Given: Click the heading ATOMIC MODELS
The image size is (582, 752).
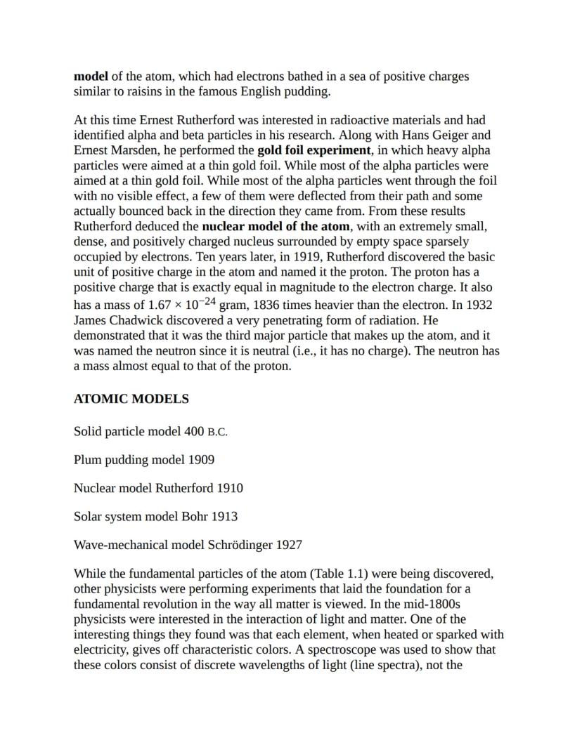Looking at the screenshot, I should (x=131, y=399).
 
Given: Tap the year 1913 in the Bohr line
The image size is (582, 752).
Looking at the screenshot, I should (x=224, y=517).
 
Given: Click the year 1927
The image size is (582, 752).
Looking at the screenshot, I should (x=289, y=545).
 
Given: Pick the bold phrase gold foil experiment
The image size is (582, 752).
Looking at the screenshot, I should (x=313, y=150).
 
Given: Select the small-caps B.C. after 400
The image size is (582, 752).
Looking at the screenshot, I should (x=217, y=432).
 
